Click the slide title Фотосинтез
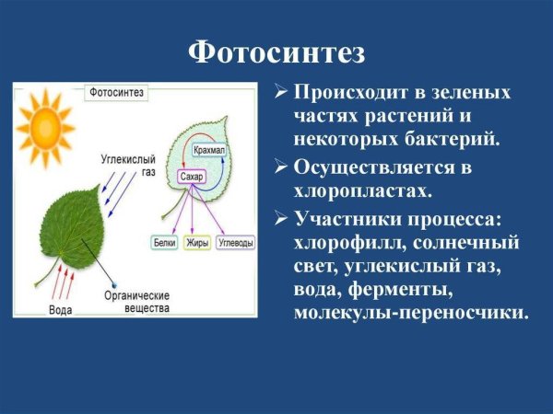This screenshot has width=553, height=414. click(x=276, y=51)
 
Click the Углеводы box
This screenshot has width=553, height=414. click(x=236, y=243)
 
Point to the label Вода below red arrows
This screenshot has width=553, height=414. click(x=61, y=310)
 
